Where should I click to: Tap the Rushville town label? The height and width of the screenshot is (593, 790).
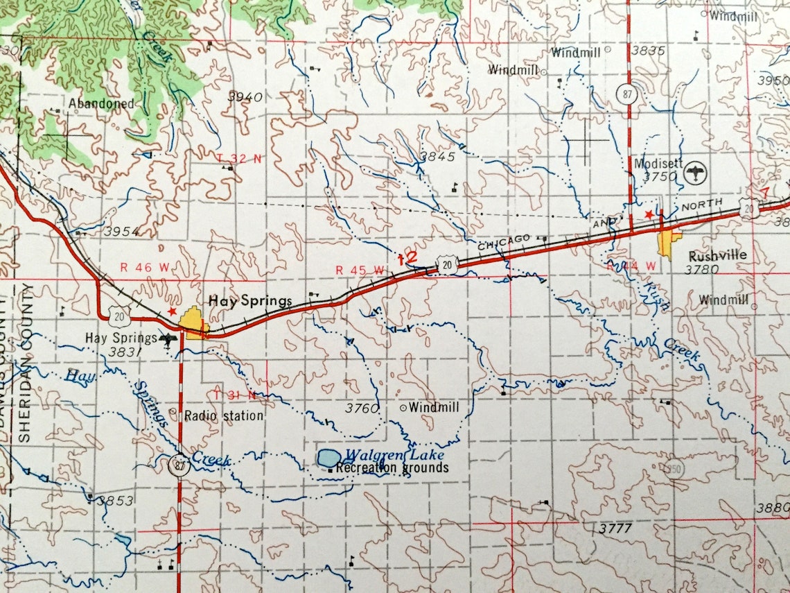[718, 255]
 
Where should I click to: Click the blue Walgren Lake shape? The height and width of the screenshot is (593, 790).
[329, 458]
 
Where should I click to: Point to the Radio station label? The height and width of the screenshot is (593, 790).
[224, 415]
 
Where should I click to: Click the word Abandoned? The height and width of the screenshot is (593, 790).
[101, 103]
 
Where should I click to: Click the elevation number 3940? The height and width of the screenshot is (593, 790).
[246, 97]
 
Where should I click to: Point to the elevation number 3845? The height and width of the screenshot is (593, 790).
[438, 157]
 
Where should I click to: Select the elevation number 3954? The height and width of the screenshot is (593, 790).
[122, 231]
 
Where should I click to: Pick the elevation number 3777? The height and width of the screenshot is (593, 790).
[614, 528]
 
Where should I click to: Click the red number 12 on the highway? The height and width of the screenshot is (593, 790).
[408, 257]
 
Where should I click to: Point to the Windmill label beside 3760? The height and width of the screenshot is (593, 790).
[434, 408]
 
